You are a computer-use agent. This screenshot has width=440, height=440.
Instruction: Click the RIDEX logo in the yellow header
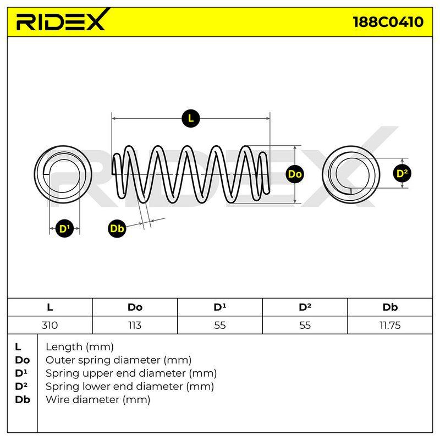[x=62, y=20]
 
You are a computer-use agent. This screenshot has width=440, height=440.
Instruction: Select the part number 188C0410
[x=388, y=22]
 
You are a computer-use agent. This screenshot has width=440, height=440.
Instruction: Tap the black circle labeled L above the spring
[x=191, y=118]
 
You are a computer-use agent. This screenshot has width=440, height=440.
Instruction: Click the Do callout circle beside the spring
[x=295, y=174]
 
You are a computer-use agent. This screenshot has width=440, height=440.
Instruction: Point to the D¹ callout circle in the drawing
[x=64, y=228]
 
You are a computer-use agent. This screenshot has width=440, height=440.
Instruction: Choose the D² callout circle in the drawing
[x=402, y=173]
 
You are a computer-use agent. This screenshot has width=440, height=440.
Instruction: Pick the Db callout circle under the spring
[x=117, y=228]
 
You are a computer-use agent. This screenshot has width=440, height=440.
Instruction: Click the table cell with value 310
[x=50, y=325]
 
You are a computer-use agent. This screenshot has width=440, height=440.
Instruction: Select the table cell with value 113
[x=135, y=325]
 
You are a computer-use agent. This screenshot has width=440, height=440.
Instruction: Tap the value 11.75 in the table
[x=390, y=325]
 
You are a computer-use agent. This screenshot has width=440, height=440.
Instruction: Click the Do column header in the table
[x=135, y=307]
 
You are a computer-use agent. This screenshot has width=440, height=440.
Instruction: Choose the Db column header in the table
[x=390, y=307]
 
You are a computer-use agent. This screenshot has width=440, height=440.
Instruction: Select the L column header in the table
[x=50, y=307]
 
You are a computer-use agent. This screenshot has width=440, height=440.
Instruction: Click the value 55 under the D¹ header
[x=219, y=325]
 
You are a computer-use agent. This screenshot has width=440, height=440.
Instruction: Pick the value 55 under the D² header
[x=305, y=325]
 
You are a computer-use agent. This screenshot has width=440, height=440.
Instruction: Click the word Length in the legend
[x=64, y=347]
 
